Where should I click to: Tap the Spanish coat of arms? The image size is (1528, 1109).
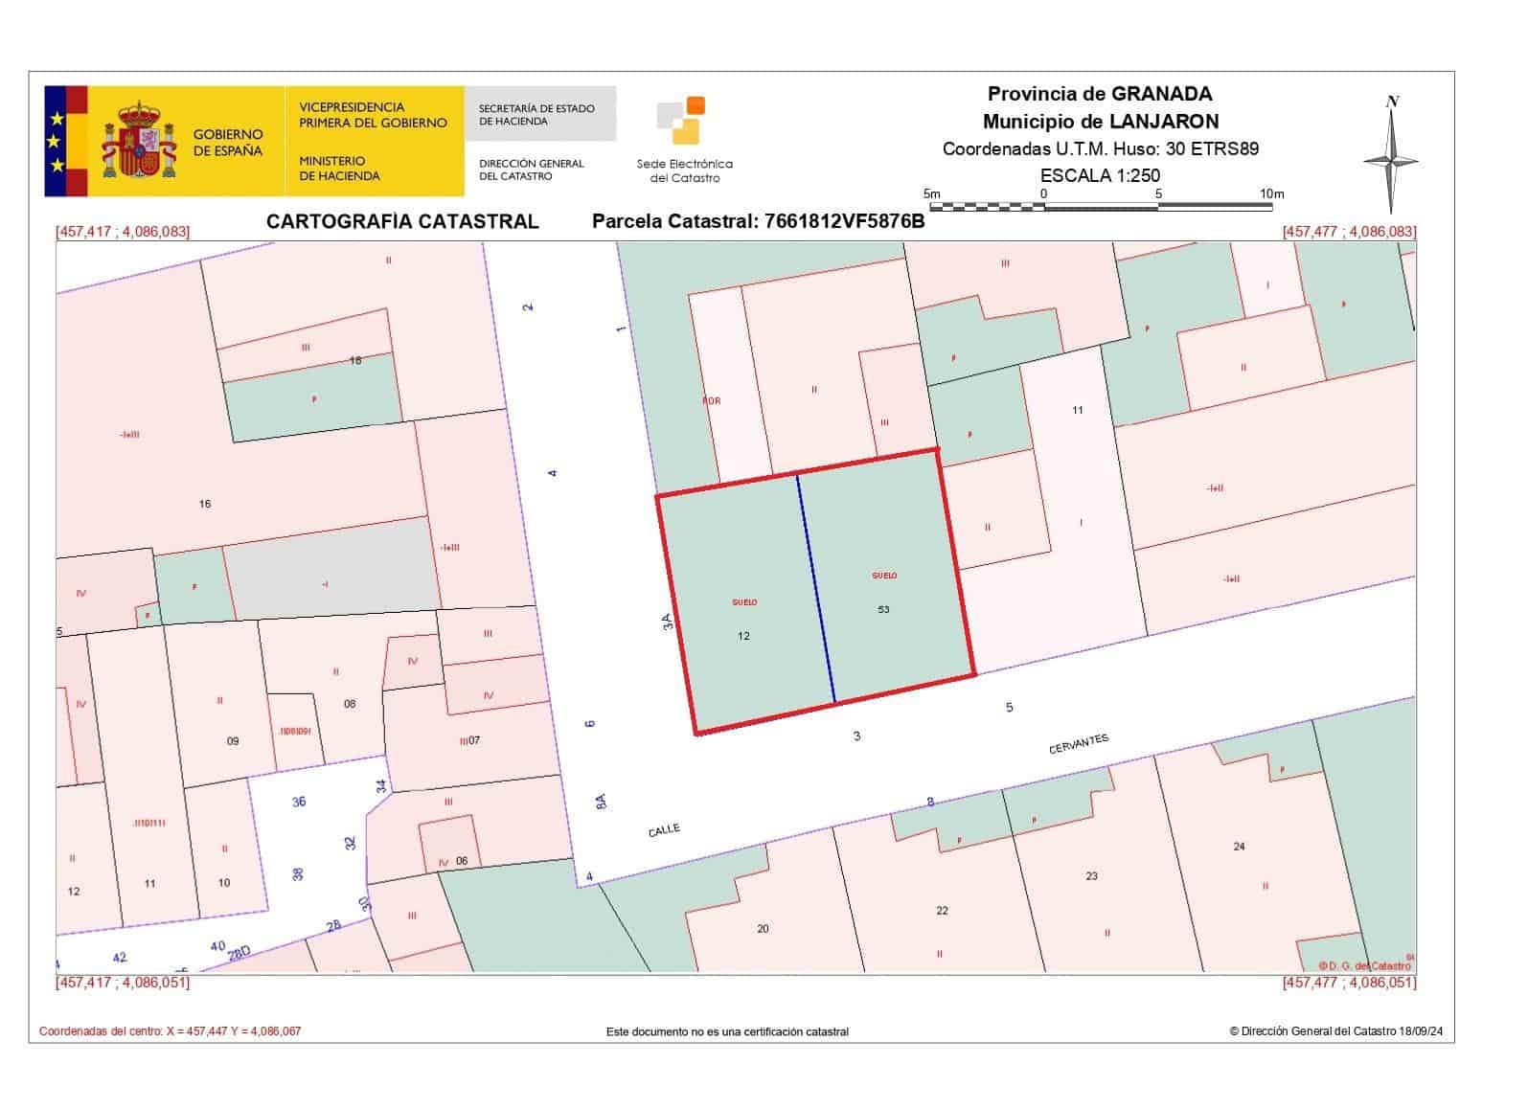point(139,142)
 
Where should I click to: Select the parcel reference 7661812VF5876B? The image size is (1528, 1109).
point(843,221)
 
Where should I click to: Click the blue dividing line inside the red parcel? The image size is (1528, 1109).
point(815,589)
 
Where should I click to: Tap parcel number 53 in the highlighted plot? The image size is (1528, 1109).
point(882,609)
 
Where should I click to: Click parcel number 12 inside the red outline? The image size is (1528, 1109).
point(743,636)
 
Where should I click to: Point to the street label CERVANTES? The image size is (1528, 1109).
point(1078,744)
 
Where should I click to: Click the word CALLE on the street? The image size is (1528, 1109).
point(664,830)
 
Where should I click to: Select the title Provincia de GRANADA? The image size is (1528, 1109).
point(1100,94)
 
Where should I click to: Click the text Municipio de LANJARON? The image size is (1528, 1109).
point(1100,122)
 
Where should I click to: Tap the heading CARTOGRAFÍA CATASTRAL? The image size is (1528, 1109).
point(402,221)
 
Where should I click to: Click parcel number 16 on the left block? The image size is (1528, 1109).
point(204,504)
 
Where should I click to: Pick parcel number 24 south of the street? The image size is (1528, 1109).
point(1239,846)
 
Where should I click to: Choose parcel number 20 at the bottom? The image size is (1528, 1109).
point(763,928)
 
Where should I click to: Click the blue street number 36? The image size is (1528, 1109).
point(299,802)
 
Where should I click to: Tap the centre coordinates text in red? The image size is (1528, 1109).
point(170,1031)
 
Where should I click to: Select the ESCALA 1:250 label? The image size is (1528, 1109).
point(1100,175)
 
